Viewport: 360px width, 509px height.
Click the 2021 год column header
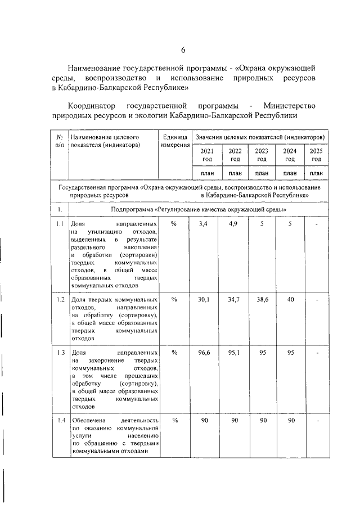(207, 155)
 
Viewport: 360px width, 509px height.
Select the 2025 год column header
(316, 155)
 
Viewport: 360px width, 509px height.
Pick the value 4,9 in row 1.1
(234, 224)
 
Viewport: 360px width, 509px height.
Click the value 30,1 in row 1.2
(206, 300)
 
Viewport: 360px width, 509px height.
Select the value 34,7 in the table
(234, 300)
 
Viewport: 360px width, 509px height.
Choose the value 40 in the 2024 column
(290, 300)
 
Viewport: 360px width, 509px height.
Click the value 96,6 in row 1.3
(206, 353)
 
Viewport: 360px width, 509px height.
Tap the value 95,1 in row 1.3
(234, 353)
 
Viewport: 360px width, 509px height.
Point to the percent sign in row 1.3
(174, 353)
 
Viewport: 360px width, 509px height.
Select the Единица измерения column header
(174, 141)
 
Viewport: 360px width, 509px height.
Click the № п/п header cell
(58, 141)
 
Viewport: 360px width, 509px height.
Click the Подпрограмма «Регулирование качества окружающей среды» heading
(200, 209)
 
